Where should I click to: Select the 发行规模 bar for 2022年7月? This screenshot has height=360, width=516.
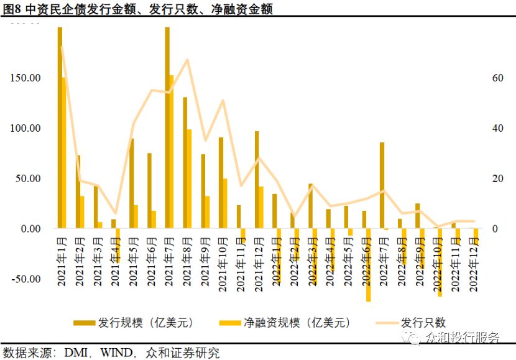click(x=382, y=185)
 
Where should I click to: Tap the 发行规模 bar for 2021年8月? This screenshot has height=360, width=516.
click(x=185, y=163)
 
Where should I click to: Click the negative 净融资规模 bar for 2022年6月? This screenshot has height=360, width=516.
click(x=368, y=265)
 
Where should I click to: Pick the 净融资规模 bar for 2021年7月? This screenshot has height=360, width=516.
click(x=172, y=152)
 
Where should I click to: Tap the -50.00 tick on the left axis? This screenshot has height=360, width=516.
click(x=25, y=279)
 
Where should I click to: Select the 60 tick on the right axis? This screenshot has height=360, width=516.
click(x=497, y=78)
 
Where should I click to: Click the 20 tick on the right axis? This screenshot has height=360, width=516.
click(x=497, y=178)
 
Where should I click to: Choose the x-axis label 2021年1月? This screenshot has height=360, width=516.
click(x=62, y=262)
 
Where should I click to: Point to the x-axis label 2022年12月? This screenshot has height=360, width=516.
click(x=475, y=262)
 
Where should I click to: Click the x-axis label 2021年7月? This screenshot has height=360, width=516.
click(x=169, y=262)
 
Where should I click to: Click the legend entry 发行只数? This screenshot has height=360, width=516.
click(x=424, y=323)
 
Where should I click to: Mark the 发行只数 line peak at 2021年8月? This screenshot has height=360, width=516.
click(x=187, y=60)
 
